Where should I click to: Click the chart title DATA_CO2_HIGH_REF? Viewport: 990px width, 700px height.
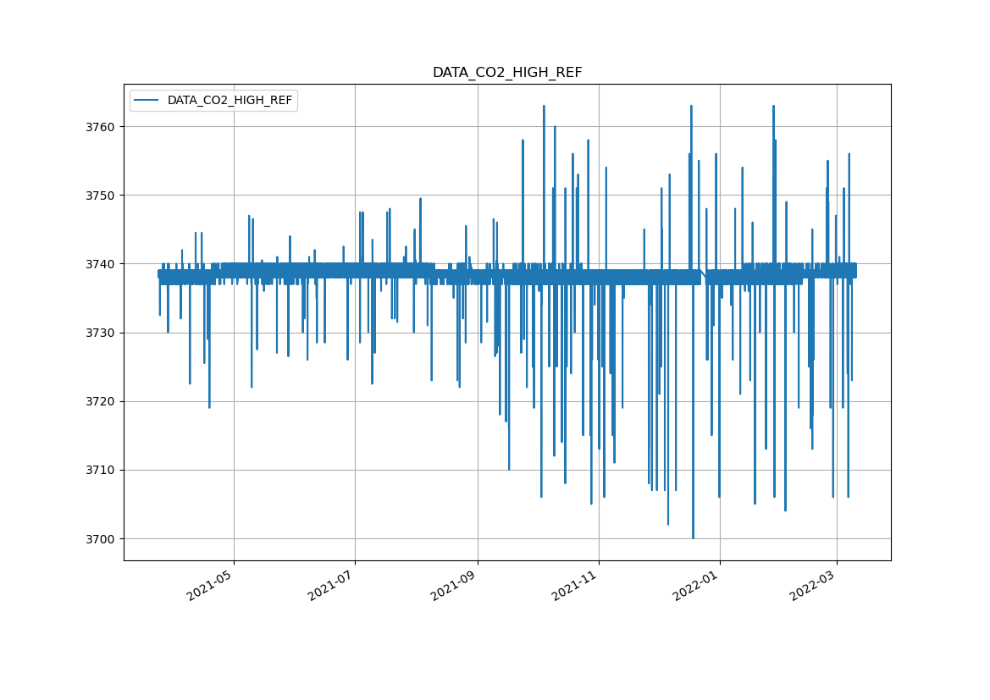click(x=507, y=73)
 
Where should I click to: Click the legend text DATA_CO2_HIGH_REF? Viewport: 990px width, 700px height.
click(x=230, y=101)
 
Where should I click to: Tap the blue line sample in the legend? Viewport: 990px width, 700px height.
click(x=147, y=101)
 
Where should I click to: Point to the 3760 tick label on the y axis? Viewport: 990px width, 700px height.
click(x=102, y=127)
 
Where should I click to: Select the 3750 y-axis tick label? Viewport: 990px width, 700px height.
click(x=102, y=196)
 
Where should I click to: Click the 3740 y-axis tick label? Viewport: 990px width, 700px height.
click(x=102, y=264)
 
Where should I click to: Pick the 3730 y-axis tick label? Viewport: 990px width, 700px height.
click(x=102, y=333)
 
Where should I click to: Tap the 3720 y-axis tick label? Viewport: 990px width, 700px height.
click(x=102, y=401)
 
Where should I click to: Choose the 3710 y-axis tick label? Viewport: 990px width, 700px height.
click(x=102, y=470)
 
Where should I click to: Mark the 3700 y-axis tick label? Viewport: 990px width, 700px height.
click(x=102, y=539)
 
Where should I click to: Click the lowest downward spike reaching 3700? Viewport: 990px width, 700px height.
click(x=693, y=537)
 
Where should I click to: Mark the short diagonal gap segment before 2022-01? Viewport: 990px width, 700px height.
click(x=703, y=275)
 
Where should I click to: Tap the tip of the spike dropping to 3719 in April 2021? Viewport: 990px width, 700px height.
click(x=209, y=407)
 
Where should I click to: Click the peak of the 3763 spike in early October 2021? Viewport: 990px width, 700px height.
click(x=544, y=107)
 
